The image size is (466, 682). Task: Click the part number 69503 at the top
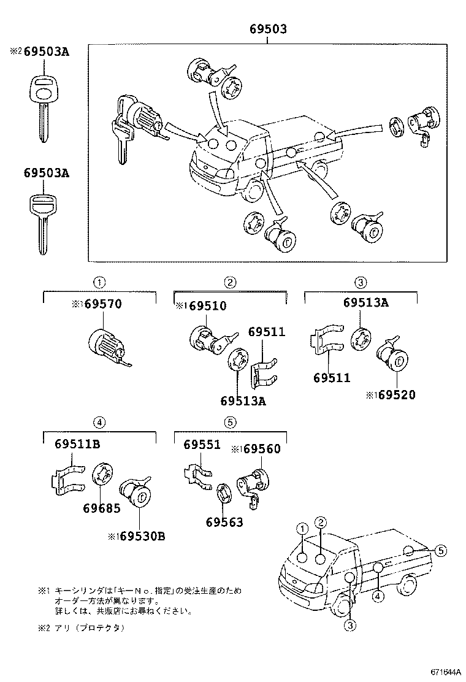(268, 29)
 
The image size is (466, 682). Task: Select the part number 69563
(224, 522)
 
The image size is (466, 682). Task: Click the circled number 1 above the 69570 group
(99, 282)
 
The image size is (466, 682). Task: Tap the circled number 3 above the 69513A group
(361, 282)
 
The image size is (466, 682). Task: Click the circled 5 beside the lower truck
(441, 550)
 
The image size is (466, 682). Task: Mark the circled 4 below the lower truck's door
(379, 596)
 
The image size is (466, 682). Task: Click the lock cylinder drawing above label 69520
(390, 355)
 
